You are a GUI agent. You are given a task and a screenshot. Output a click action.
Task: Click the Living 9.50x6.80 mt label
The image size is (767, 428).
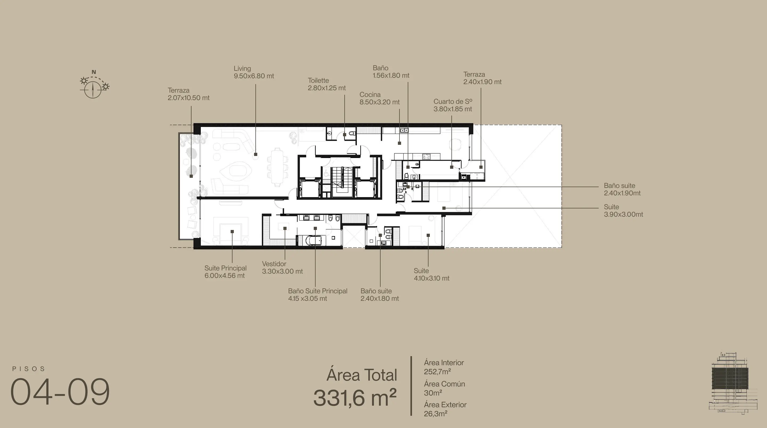click(254, 72)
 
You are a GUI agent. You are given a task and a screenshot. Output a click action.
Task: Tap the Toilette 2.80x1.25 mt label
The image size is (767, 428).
click(327, 84)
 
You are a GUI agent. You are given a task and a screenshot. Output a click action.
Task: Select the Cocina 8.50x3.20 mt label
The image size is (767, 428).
click(379, 98)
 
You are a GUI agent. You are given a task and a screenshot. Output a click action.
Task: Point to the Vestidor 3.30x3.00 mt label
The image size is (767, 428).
click(282, 267)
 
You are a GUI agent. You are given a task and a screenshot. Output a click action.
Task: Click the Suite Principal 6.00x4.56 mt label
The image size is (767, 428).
click(225, 272)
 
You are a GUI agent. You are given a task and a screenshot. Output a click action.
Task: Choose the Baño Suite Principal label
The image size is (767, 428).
click(317, 291)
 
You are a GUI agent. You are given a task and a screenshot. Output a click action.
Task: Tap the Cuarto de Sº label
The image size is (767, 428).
click(453, 101)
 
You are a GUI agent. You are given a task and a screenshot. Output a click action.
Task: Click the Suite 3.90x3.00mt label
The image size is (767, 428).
click(623, 211)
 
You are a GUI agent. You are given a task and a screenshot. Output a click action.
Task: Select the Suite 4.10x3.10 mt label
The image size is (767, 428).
click(431, 274)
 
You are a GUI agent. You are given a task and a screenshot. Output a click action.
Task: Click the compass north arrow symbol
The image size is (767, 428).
click(93, 89)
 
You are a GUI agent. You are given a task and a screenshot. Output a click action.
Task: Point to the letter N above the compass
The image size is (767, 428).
click(94, 72)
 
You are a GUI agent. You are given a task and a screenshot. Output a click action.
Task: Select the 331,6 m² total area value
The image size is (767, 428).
click(355, 397)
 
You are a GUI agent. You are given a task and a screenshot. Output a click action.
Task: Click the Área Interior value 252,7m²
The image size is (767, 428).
click(437, 372)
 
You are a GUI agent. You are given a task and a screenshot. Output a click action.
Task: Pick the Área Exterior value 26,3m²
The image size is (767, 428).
click(436, 414)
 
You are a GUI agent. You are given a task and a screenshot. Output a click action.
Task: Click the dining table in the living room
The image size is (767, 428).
click(278, 167)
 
